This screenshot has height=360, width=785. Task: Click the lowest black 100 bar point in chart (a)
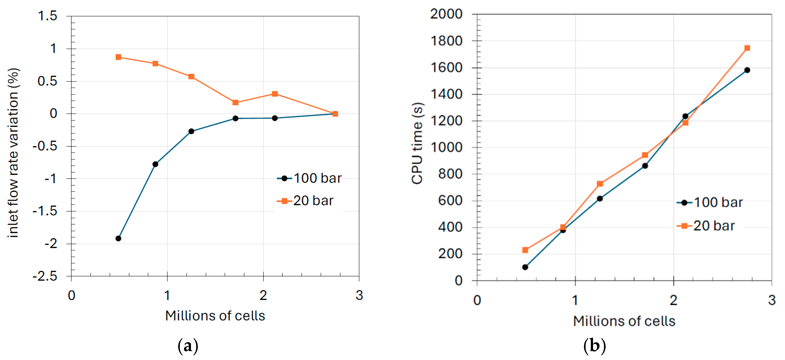click(118, 238)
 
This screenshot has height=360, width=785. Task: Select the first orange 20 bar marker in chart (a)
click(118, 57)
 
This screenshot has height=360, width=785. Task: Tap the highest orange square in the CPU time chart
click(747, 48)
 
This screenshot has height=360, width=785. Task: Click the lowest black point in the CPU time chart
click(525, 267)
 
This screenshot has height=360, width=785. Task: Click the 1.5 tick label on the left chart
click(47, 16)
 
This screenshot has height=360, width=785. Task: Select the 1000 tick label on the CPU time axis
click(446, 147)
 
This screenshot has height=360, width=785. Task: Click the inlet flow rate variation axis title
click(13, 152)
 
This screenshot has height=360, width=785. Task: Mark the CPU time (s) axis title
click(417, 143)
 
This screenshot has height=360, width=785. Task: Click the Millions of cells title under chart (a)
click(215, 316)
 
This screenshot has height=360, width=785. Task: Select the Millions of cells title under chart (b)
click(624, 321)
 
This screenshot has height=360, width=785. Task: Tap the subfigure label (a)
click(188, 346)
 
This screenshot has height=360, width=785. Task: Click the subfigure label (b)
click(594, 346)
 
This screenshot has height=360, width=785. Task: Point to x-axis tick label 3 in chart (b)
click(771, 300)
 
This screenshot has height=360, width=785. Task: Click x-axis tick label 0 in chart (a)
click(71, 295)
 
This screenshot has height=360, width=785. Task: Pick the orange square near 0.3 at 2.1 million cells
click(275, 94)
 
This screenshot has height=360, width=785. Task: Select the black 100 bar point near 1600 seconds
click(747, 70)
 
